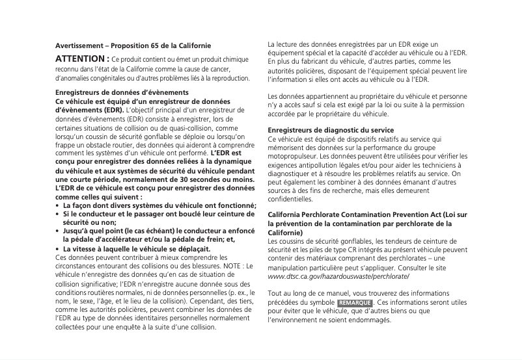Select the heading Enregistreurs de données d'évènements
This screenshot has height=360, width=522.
click(x=113, y=93)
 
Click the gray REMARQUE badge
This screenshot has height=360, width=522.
click(x=355, y=303)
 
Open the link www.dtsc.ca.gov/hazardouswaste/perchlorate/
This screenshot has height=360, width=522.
click(x=338, y=276)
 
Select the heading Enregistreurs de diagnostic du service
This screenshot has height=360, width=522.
click(x=331, y=130)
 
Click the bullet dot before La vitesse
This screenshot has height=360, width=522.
click(x=57, y=249)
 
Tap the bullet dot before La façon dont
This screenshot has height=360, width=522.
click(x=57, y=205)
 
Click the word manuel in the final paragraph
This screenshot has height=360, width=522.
click(x=337, y=294)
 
